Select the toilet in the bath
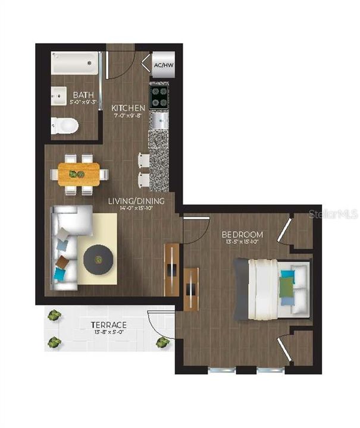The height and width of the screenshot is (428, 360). pos(64,125)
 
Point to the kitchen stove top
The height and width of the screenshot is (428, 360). pos(159,96)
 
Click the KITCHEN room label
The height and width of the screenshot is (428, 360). pos(128,108)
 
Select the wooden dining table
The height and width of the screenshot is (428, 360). pos(79,174)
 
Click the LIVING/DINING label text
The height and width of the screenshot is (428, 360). pos(136,201)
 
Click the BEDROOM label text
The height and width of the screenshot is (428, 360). pos(242,234)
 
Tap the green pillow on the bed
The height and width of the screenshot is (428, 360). pos(287,288)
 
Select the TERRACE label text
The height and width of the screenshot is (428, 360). pos(108,325)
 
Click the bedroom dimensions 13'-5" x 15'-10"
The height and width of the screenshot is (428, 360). pos(242,242)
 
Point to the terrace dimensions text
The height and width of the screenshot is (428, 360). pos(108,333)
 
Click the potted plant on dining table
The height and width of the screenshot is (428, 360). pos(76,174)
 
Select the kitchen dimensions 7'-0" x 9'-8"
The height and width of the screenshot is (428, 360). pos(128,117)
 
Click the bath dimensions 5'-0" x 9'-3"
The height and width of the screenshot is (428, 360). pos(82,102)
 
